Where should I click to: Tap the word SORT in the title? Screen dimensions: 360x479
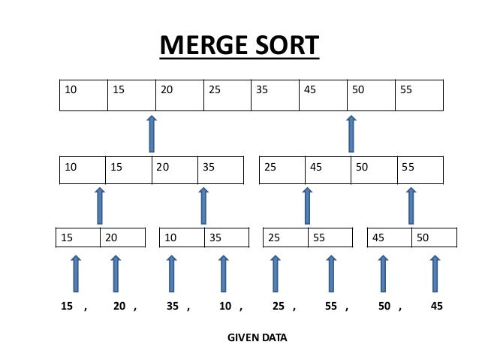283,46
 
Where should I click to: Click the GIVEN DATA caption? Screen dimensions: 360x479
257,337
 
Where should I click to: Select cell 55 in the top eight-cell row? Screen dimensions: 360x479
419,95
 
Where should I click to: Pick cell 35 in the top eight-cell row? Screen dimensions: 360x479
275,95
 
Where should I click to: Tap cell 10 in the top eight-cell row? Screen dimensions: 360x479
83,95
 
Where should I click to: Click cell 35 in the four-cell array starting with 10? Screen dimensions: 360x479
221,170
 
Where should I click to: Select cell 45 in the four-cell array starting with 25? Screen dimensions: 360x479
328,170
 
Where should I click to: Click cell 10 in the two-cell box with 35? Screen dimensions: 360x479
182,238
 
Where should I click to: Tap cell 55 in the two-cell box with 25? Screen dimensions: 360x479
331,238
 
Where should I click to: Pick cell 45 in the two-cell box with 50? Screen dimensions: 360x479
389,238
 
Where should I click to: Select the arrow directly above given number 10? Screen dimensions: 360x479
224,273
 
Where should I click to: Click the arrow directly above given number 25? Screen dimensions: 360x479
276,273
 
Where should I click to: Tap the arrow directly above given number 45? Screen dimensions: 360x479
435,273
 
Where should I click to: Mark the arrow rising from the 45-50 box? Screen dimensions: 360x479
411,205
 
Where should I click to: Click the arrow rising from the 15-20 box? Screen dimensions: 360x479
99,205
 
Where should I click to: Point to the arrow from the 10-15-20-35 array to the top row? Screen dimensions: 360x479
152,133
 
